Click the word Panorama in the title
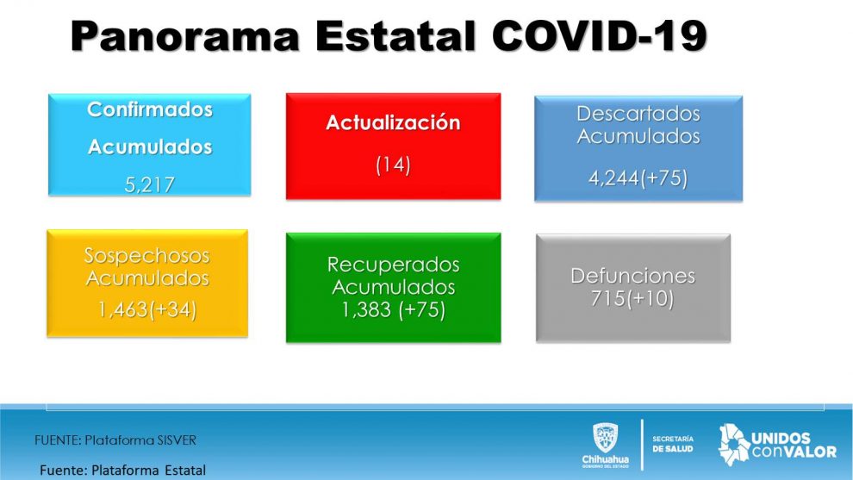click(x=185, y=36)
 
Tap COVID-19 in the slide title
click(x=599, y=36)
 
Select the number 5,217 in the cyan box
click(x=150, y=185)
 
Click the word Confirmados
click(x=150, y=109)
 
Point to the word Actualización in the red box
click(x=393, y=122)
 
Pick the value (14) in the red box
click(x=393, y=165)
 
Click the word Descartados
click(x=638, y=113)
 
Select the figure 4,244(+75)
click(x=638, y=178)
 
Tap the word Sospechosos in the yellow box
click(x=146, y=255)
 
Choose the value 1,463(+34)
click(x=146, y=309)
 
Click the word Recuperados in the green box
click(x=393, y=265)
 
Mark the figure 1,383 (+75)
click(x=393, y=309)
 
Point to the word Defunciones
click(x=632, y=276)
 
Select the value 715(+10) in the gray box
click(x=632, y=298)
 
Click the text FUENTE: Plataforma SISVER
click(x=115, y=440)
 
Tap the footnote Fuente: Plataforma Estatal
click(x=123, y=471)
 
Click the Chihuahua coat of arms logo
click(x=606, y=438)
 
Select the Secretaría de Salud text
click(x=673, y=444)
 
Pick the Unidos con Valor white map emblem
click(x=734, y=445)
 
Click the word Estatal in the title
click(x=395, y=36)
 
